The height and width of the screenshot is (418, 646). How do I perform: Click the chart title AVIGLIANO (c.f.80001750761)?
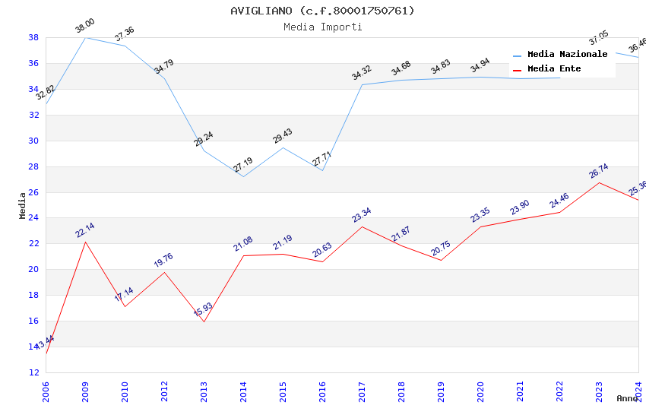[x=322, y=11]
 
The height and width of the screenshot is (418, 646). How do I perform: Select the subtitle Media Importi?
[x=322, y=27]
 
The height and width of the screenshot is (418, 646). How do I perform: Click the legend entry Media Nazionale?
[x=567, y=55]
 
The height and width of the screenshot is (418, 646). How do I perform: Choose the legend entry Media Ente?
[x=554, y=69]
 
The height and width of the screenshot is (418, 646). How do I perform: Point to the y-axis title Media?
[x=23, y=205]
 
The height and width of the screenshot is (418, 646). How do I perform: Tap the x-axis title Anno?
[x=627, y=398]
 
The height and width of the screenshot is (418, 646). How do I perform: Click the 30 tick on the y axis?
[x=34, y=141]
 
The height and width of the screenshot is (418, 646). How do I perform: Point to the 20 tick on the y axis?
[x=34, y=269]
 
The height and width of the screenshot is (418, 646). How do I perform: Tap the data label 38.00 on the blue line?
[x=85, y=29]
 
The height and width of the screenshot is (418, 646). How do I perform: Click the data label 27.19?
[x=243, y=165]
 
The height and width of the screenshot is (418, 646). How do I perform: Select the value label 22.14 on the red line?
[x=85, y=230]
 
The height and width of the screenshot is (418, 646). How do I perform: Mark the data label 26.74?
[x=599, y=171]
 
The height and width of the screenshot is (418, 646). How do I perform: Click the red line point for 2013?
[x=204, y=321]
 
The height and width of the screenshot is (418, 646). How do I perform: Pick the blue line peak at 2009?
[x=85, y=37]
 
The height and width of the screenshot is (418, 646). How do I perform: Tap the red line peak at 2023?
[x=599, y=182]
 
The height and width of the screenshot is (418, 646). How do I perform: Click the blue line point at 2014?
[x=243, y=176]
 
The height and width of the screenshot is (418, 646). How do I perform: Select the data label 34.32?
[x=362, y=73]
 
